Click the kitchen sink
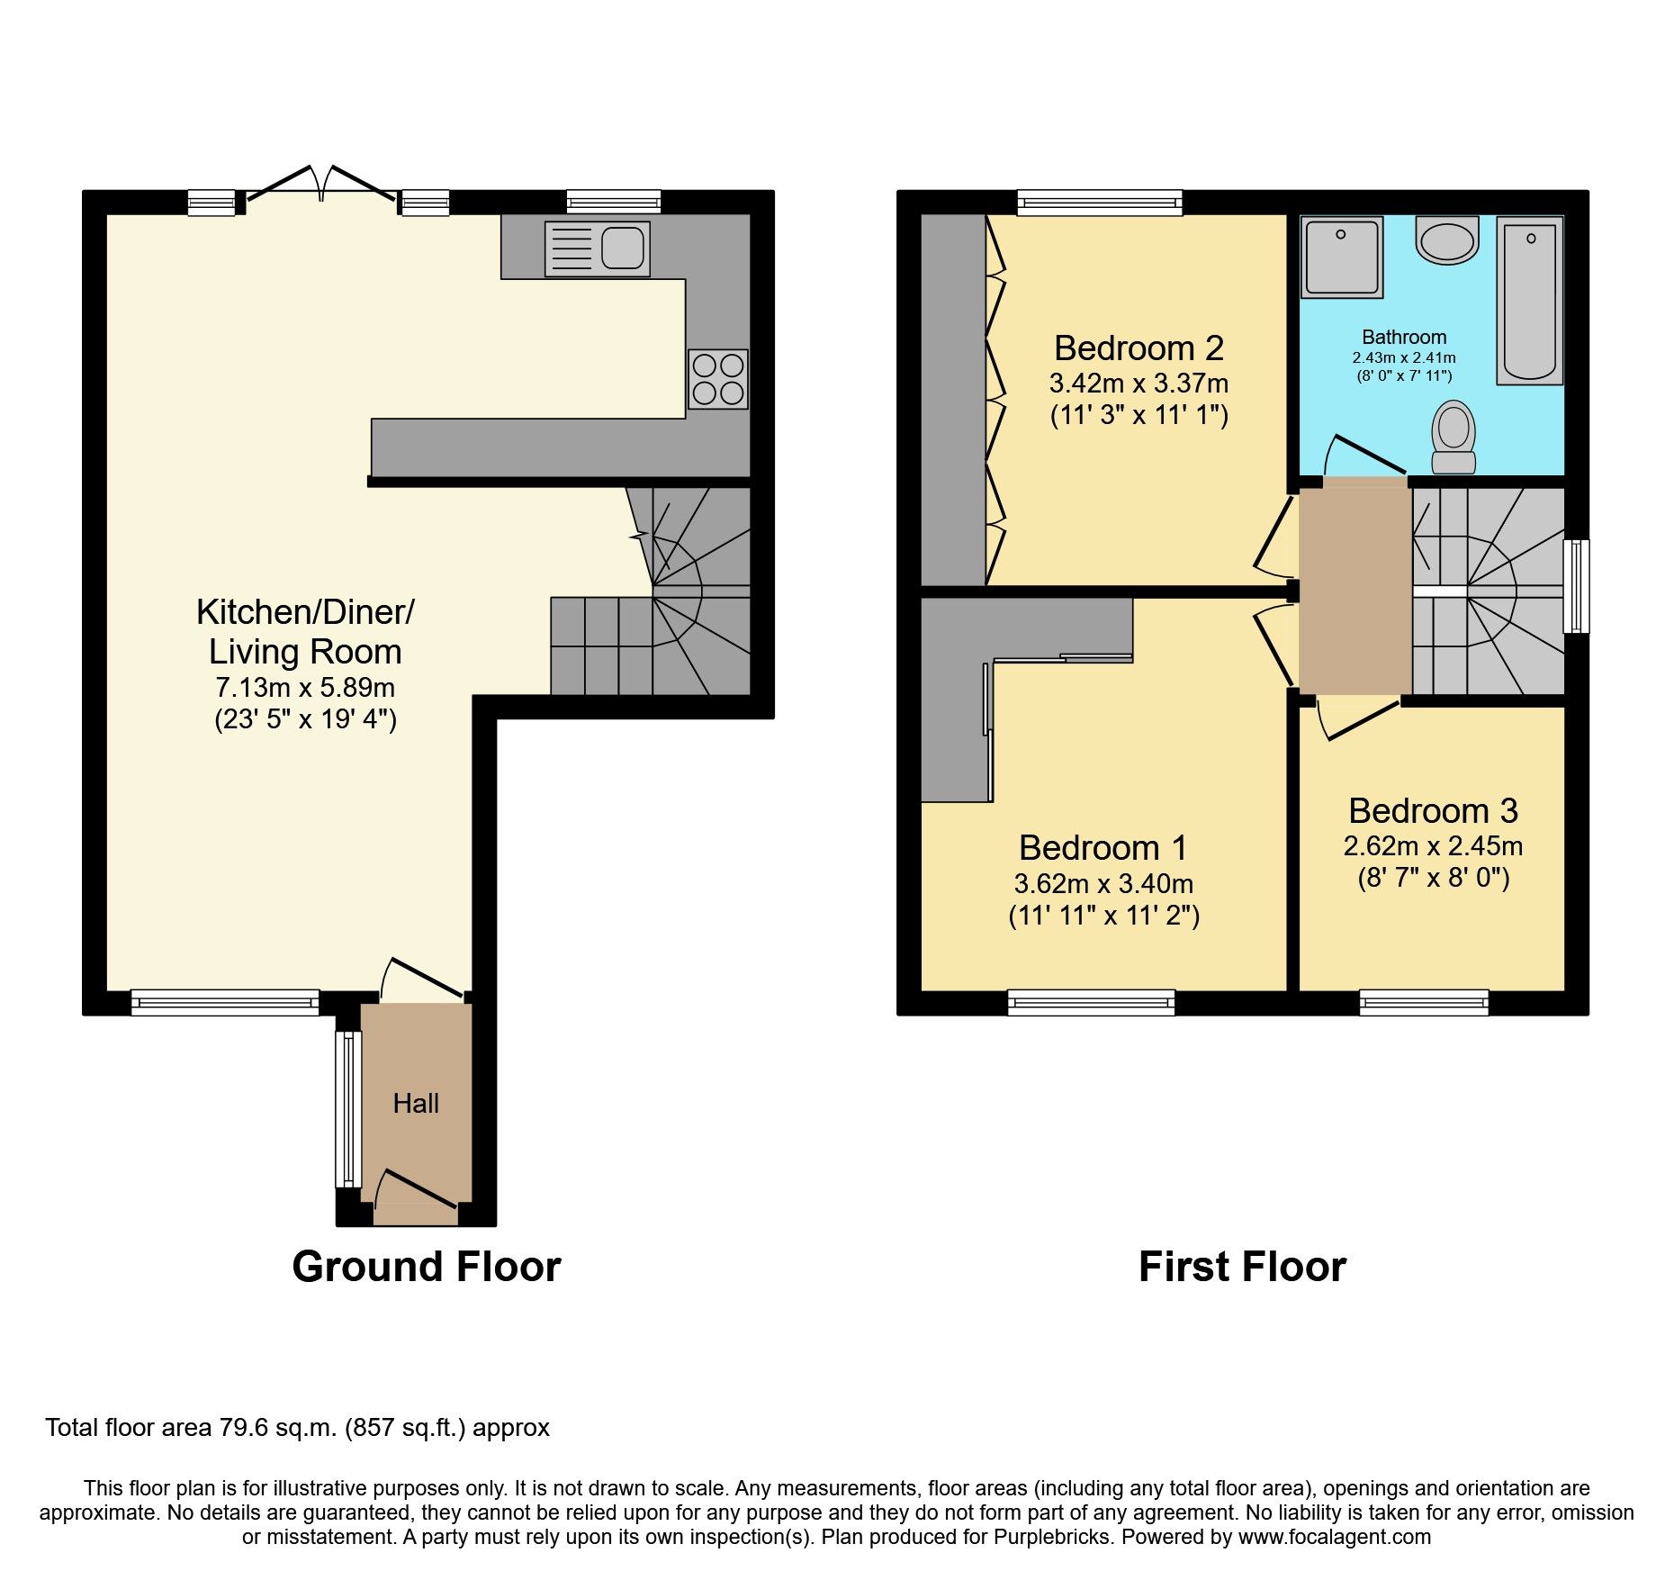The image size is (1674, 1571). pos(597,248)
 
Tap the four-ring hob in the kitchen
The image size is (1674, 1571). pos(718,379)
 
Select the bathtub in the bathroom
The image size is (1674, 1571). pos(1529,301)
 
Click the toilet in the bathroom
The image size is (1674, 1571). pos(1453,438)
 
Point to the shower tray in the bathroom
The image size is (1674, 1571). pos(1341,257)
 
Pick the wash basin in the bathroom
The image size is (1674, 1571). pos(1447,239)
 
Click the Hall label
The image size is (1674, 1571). pos(416,1104)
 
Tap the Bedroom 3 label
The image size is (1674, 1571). pos(1433,811)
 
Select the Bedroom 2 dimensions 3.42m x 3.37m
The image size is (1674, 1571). pos(1138,384)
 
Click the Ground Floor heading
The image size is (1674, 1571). pos(426,1267)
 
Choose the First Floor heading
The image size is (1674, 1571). pos(1242,1267)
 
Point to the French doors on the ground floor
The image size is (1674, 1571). pos(320,185)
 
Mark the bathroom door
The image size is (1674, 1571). pos(1366,455)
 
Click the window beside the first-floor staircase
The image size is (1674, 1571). pos(1576,586)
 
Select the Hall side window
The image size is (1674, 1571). pos(347,1108)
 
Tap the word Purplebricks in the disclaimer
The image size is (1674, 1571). pos(1051,1537)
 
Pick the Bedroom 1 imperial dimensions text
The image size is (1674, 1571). pos(1103,916)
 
